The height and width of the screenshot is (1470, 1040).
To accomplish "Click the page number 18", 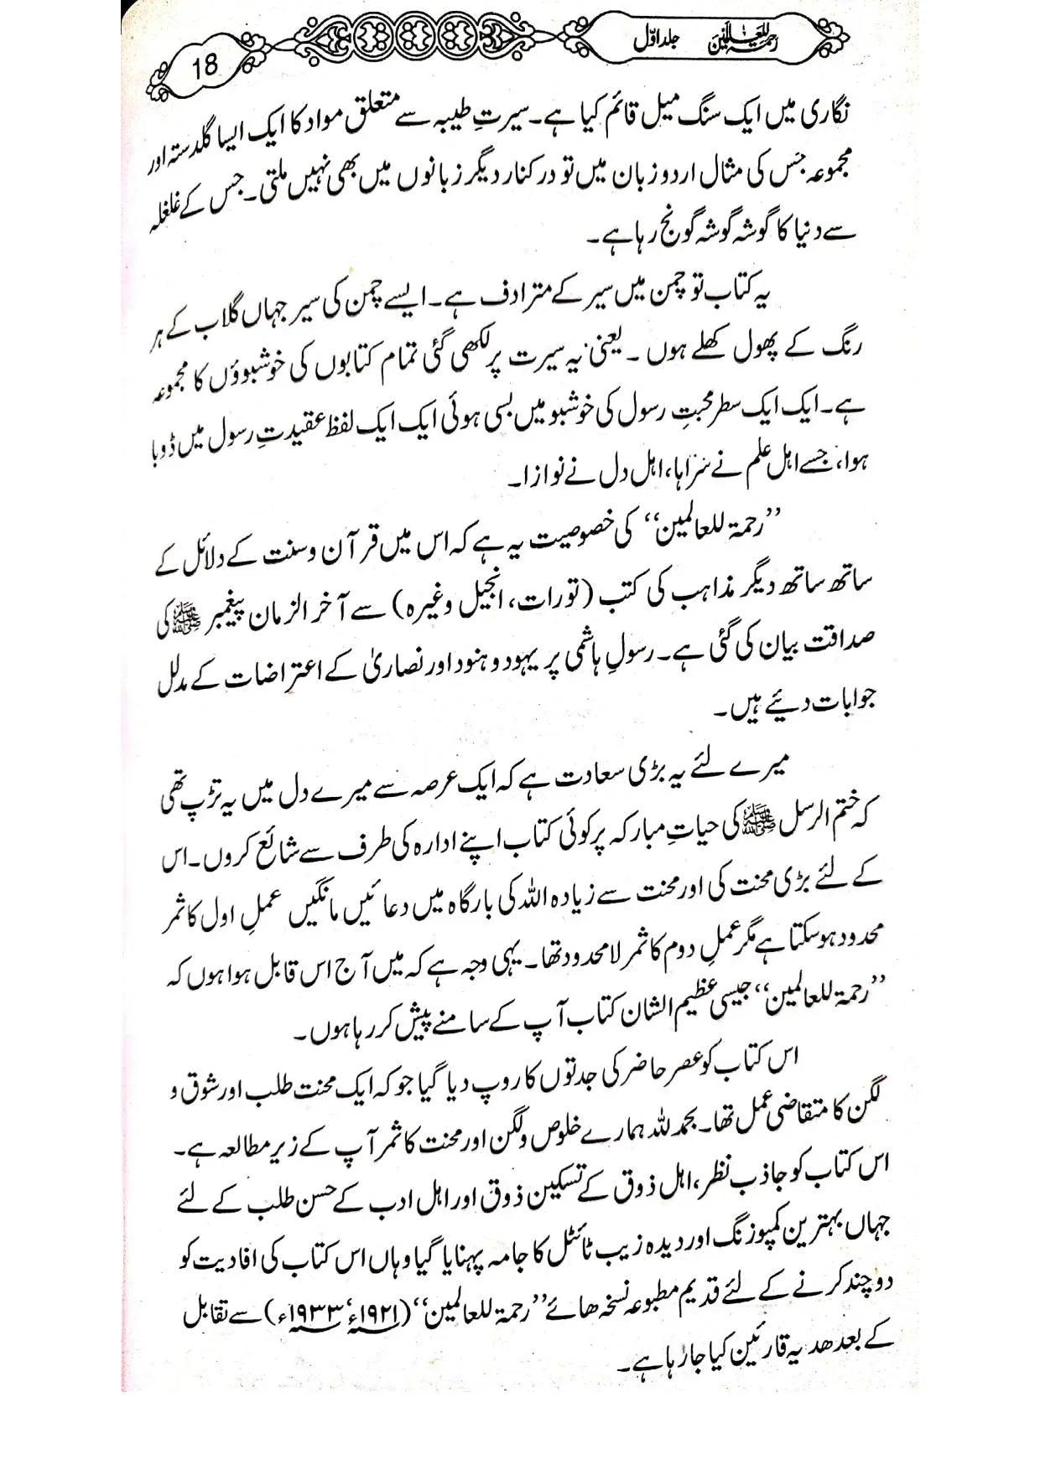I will click(204, 65).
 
